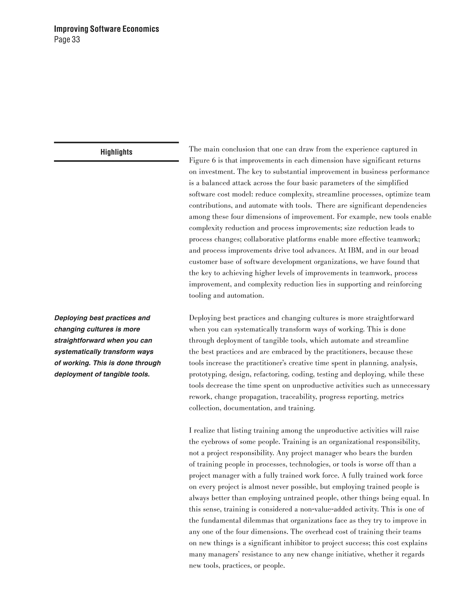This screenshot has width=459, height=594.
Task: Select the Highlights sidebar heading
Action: tap(116, 152)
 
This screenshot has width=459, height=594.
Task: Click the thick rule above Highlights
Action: tap(116, 142)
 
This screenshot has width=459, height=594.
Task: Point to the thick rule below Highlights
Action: tap(116, 161)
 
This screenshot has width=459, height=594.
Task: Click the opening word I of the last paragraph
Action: tap(190, 431)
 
